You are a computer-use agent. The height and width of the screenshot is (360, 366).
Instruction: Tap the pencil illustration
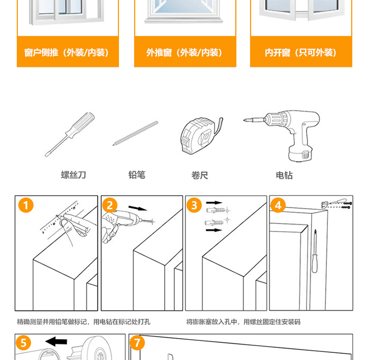tap(135, 134)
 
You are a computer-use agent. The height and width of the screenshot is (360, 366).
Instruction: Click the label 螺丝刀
tap(74, 175)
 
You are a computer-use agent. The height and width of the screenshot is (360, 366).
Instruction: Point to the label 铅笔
tap(137, 175)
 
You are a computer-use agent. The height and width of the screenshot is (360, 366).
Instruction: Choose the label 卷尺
tap(200, 175)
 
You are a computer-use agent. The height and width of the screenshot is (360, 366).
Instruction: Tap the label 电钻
tap(284, 175)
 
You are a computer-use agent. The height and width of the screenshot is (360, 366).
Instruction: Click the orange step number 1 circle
tap(25, 206)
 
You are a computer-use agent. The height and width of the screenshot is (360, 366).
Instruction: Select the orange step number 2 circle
tap(110, 206)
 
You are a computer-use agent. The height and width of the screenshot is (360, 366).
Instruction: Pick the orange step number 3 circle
tap(194, 206)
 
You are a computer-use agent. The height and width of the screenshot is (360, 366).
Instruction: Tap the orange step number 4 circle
tap(278, 206)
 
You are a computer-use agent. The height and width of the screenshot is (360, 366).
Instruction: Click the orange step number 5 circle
tap(23, 343)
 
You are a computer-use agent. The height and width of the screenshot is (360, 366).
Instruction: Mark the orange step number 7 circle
tap(137, 343)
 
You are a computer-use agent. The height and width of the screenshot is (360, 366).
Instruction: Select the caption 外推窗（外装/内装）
tap(184, 52)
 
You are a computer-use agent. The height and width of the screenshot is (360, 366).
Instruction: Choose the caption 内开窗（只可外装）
tap(301, 52)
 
